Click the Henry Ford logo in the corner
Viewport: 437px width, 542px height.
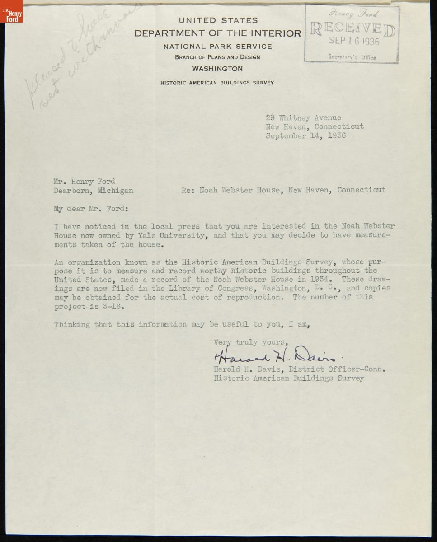(11, 11)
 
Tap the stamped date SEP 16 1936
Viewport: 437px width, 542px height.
(354, 42)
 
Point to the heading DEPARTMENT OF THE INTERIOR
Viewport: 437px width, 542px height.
(217, 33)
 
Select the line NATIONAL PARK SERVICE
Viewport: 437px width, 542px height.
(217, 46)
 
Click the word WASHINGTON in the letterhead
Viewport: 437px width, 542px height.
(217, 69)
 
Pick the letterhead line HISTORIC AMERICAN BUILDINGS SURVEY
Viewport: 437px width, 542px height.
(217, 83)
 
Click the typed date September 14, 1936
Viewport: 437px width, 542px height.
(305, 135)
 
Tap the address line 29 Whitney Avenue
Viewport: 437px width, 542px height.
(303, 118)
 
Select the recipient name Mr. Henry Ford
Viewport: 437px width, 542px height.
(85, 182)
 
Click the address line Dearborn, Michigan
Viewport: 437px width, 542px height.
(94, 190)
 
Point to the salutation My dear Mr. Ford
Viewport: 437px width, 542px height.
(91, 209)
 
